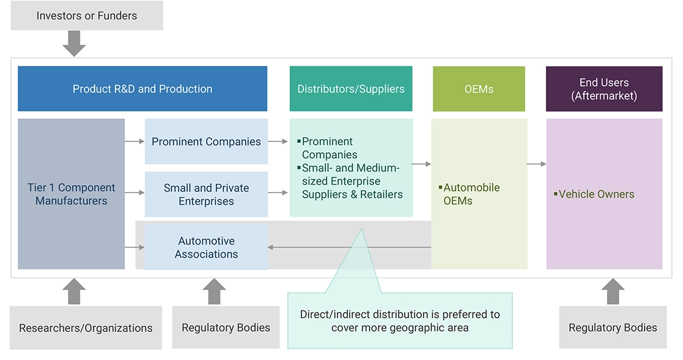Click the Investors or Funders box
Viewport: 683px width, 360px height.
click(x=86, y=16)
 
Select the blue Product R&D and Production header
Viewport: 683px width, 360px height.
click(x=142, y=89)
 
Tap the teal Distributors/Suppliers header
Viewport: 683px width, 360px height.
click(x=351, y=89)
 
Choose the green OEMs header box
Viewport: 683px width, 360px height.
click(x=479, y=89)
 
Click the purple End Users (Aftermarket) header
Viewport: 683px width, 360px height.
click(x=604, y=89)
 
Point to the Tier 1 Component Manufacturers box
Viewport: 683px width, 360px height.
click(x=71, y=194)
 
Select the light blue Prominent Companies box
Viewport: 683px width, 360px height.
click(x=206, y=141)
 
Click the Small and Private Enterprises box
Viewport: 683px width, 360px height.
click(x=206, y=194)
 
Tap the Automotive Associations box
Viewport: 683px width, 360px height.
click(x=206, y=247)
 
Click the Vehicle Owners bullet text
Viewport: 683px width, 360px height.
click(x=596, y=194)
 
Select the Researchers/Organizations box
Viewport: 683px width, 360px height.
click(x=86, y=328)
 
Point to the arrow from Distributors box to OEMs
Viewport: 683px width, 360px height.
click(x=421, y=165)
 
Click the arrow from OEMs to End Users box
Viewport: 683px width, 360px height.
click(x=536, y=165)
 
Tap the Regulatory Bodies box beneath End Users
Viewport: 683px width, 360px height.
click(x=613, y=328)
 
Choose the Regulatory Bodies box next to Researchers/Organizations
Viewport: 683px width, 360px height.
click(x=226, y=328)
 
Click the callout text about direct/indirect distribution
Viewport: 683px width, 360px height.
click(x=400, y=321)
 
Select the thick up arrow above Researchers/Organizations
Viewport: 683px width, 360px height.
click(x=74, y=292)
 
